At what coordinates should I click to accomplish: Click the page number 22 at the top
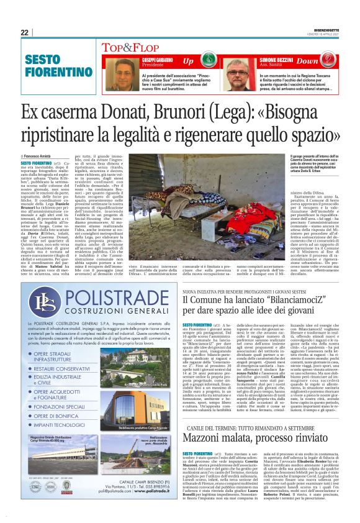tap(24, 32)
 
